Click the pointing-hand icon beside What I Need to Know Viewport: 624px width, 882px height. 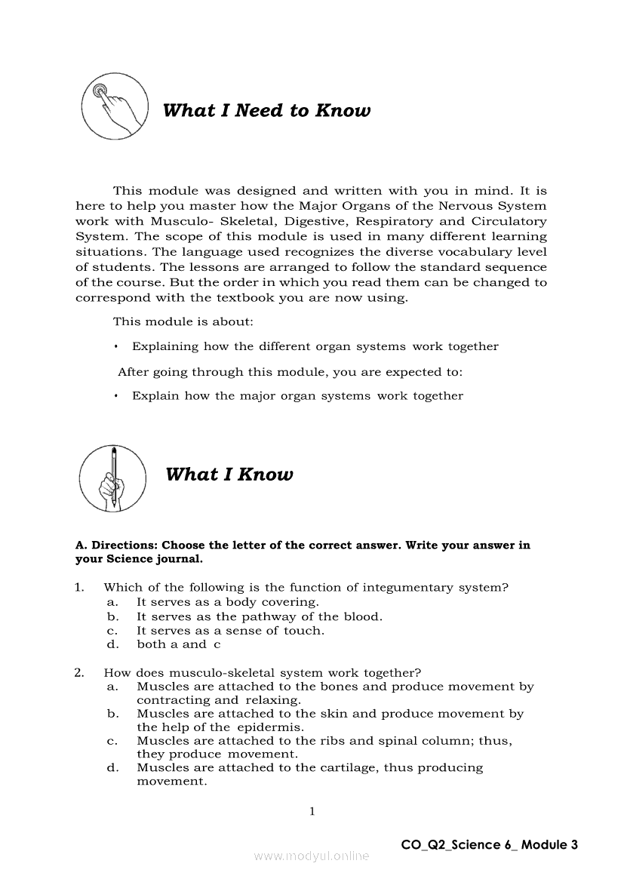pos(114,106)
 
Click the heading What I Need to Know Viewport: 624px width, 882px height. pos(266,111)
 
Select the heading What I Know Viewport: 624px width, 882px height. pos(229,475)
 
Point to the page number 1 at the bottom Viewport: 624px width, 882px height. pos(312,812)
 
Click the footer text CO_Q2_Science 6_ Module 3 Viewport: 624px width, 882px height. pos(490,844)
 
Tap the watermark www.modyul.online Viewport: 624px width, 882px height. pos(312,856)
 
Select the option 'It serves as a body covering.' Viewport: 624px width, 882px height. pos(227,602)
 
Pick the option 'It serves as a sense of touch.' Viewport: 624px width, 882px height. pos(230,630)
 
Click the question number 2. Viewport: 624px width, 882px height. pos(78,672)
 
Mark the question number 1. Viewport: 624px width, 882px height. pos(78,587)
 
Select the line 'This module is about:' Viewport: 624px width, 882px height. pos(183,321)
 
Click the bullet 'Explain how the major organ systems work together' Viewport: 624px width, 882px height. pos(297,395)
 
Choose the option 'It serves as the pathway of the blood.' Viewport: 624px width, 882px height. pos(259,616)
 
